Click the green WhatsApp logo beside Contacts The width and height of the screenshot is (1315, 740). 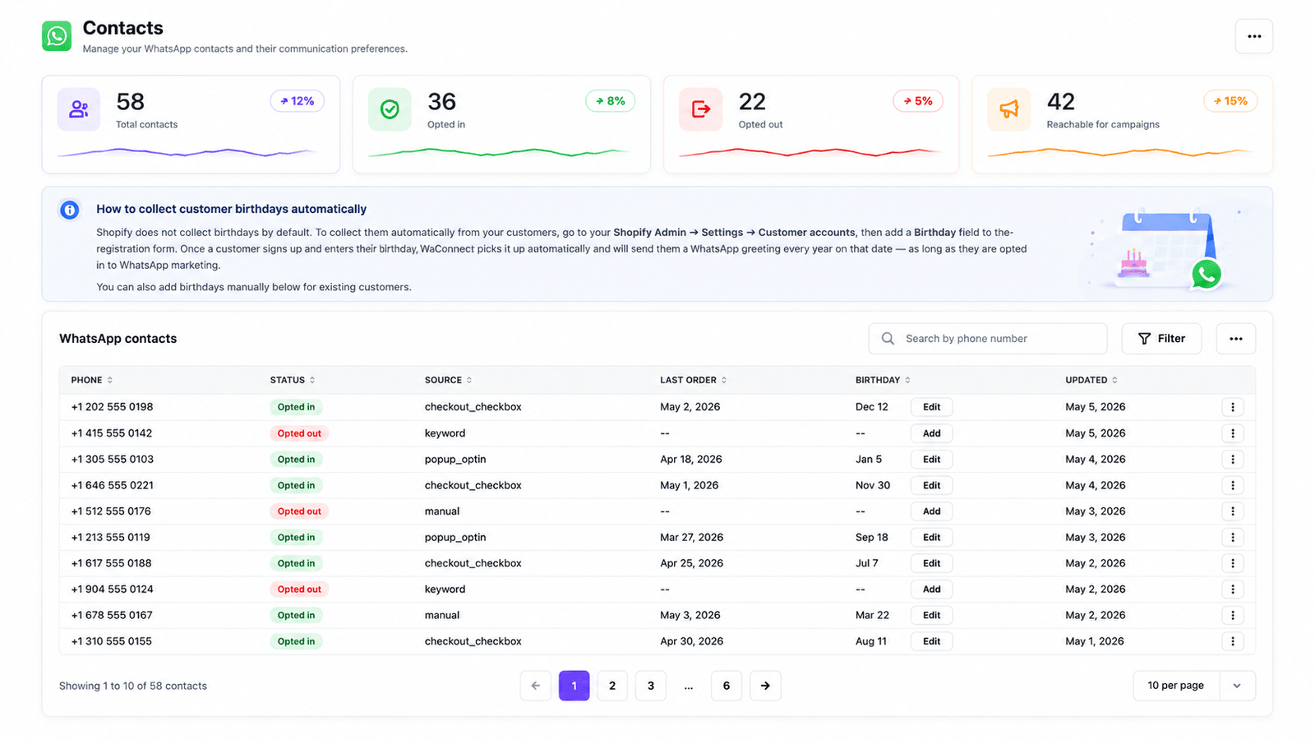(57, 36)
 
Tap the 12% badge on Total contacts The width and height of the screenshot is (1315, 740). (297, 101)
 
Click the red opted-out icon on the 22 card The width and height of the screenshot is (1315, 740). (700, 109)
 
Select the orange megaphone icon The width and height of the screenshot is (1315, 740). (1008, 109)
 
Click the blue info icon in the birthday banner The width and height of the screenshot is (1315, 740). (69, 210)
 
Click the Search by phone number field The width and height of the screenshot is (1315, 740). (988, 338)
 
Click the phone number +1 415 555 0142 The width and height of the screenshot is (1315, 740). (112, 432)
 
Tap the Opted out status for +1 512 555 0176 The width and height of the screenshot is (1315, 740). (299, 511)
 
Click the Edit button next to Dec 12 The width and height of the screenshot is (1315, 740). (932, 407)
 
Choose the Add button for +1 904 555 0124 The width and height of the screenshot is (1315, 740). (932, 589)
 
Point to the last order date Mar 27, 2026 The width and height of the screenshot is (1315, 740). (691, 538)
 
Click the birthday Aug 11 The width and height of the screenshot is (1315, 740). (871, 641)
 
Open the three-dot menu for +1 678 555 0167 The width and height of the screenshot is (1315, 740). (1233, 615)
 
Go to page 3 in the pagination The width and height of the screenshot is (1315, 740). (650, 686)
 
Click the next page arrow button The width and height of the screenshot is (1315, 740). (765, 686)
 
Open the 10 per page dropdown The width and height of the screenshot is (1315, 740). (1194, 686)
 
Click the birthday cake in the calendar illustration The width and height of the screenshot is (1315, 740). (1133, 263)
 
